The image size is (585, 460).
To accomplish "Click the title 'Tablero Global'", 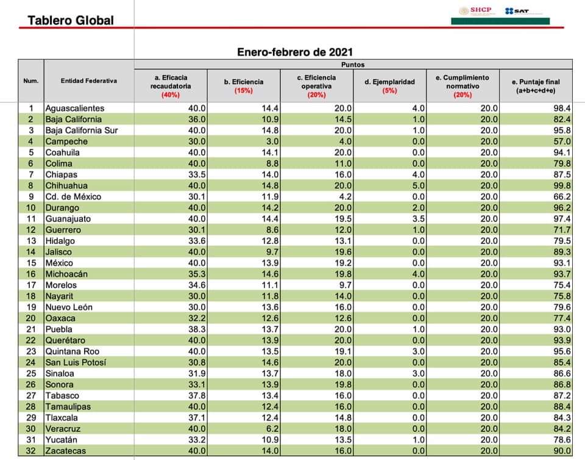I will click(71, 20).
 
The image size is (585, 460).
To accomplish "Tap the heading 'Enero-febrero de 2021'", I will click(294, 52).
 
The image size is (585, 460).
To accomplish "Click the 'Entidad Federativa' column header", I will click(88, 81).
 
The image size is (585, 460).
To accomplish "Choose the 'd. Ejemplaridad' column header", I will click(389, 82).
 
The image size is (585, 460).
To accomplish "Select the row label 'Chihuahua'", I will click(66, 185).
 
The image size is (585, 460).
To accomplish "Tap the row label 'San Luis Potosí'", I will click(76, 362).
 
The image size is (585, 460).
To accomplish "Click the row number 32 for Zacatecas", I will click(30, 451).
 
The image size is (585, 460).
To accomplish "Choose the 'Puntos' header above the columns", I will click(353, 63).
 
